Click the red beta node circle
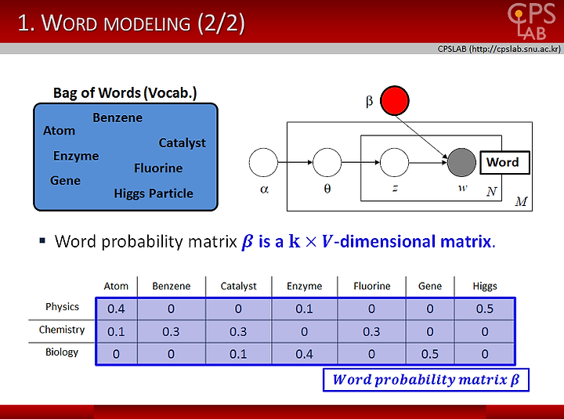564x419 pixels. click(395, 101)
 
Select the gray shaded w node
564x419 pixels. click(461, 162)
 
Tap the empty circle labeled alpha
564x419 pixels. click(263, 162)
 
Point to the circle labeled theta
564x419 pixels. click(327, 162)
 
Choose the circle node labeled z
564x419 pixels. click(394, 162)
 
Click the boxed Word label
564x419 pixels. click(504, 163)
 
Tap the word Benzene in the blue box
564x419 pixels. click(117, 117)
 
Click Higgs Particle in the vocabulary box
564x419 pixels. click(154, 194)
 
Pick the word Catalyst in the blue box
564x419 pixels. click(182, 143)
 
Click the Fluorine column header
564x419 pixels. click(371, 286)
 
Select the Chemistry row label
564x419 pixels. click(62, 330)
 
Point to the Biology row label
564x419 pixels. click(62, 352)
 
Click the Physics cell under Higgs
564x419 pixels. click(485, 309)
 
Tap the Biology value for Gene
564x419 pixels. click(430, 354)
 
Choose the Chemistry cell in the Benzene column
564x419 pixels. click(171, 331)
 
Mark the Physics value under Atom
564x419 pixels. click(116, 309)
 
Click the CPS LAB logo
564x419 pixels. click(531, 21)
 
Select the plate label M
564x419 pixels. click(521, 201)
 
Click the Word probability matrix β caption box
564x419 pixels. click(426, 380)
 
